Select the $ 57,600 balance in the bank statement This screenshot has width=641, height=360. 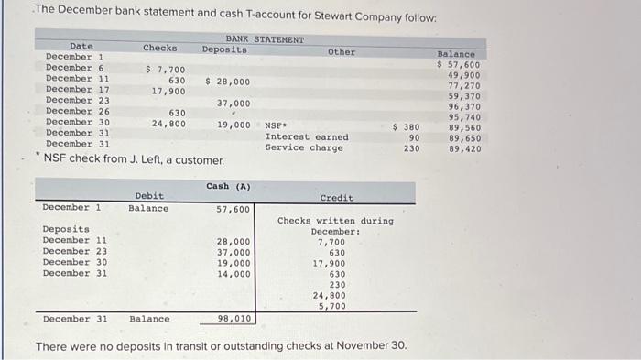point(458,65)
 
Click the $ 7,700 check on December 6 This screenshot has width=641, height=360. point(166,70)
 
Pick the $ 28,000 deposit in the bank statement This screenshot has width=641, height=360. point(228,82)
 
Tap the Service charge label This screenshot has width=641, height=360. point(304,148)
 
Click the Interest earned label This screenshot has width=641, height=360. point(307,137)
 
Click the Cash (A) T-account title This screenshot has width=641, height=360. point(228,187)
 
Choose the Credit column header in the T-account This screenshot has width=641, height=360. point(336,198)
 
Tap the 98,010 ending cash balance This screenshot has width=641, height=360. point(234,319)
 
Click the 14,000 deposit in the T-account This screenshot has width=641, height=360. point(233,273)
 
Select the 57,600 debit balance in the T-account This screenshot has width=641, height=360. point(233,209)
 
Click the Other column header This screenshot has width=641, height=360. point(342,52)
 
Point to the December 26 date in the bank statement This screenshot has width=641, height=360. point(76,113)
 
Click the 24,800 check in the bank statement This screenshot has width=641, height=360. point(168,124)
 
